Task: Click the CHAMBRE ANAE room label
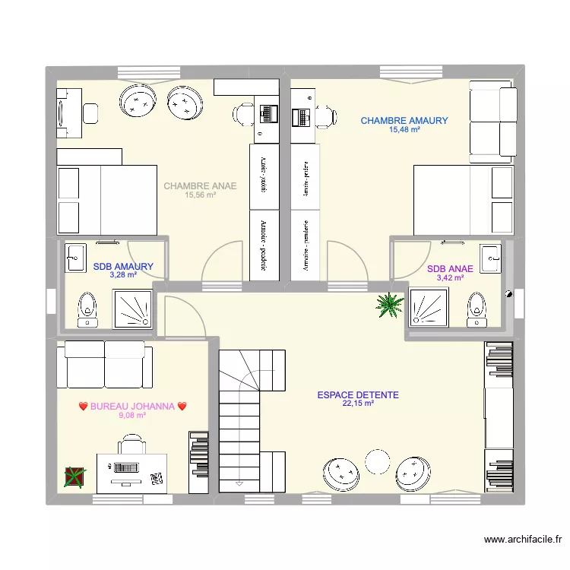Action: pos(200,185)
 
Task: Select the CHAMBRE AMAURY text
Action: pos(404,121)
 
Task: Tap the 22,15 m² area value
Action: pos(358,404)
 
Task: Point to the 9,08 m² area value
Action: pos(132,415)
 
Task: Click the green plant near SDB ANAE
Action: pos(390,304)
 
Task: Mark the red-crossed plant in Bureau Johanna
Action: pos(74,477)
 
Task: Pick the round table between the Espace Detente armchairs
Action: pos(377,461)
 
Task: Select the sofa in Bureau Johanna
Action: pos(105,364)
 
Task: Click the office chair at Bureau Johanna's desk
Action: pos(132,448)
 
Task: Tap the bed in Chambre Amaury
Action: pos(464,200)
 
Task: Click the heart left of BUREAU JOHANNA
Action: pos(84,407)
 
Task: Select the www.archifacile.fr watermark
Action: pos(522,540)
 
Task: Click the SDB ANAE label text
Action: pos(450,269)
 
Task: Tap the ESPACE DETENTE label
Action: pos(358,395)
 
